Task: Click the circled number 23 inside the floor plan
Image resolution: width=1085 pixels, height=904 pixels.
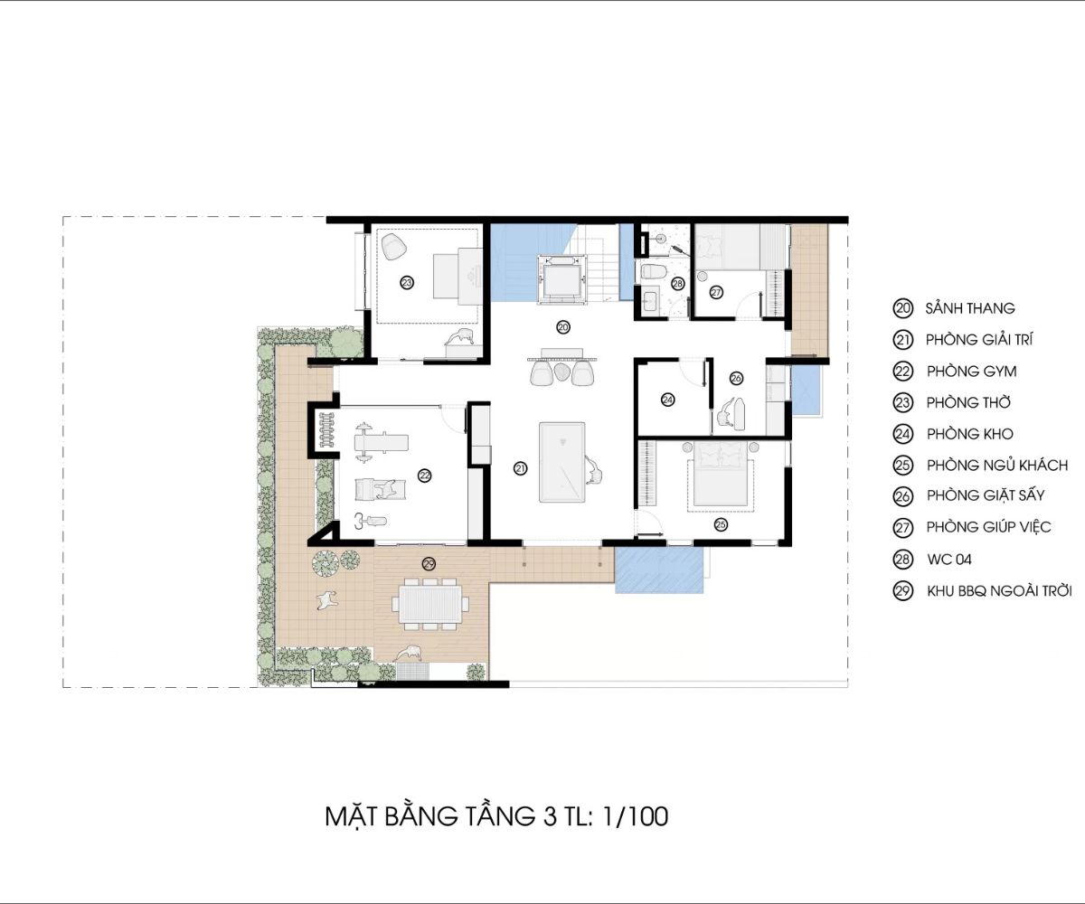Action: [x=407, y=283]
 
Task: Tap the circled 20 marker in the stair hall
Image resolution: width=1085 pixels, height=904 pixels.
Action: [x=563, y=327]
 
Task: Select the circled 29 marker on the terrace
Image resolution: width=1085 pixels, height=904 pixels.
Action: [x=429, y=564]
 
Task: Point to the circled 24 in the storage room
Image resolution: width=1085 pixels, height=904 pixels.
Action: [x=668, y=400]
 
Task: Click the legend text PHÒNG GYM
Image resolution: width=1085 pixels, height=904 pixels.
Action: [x=971, y=372]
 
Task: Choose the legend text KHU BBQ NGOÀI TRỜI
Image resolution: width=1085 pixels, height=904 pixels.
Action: [x=999, y=590]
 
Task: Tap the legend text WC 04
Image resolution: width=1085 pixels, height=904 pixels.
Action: [x=948, y=560]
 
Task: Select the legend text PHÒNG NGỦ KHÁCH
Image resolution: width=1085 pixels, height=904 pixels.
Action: [x=997, y=465]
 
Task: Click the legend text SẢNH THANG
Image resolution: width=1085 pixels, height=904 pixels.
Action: [x=970, y=308]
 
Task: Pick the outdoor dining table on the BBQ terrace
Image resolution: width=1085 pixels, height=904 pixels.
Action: [x=430, y=604]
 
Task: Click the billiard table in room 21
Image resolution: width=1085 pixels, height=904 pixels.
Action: [x=561, y=462]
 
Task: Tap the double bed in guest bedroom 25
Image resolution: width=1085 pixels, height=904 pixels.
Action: [x=721, y=475]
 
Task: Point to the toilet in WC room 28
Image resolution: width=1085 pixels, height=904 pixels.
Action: [x=652, y=272]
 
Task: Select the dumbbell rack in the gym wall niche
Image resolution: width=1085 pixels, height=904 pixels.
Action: [x=326, y=429]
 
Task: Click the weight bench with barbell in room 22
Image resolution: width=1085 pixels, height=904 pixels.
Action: [x=380, y=443]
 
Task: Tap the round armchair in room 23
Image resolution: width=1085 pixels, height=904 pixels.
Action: [x=393, y=246]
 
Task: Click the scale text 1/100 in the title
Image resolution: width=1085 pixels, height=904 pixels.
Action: [x=635, y=816]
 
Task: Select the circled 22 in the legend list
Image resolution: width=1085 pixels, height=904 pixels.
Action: [x=902, y=372]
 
